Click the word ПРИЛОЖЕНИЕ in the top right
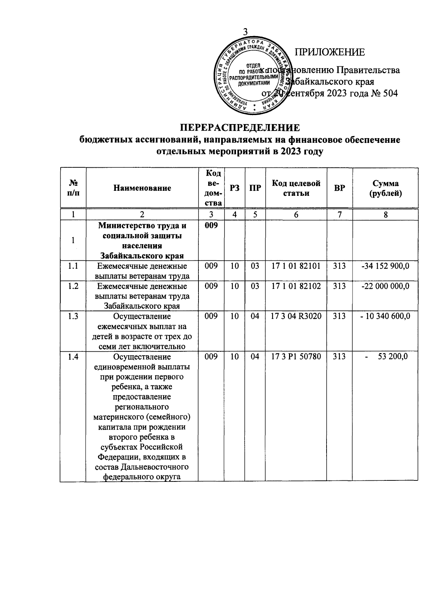330,52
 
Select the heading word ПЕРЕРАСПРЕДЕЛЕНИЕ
240,128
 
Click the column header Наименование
142,188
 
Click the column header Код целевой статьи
296,188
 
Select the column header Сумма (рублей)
385,188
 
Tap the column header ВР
339,188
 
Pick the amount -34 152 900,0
385,267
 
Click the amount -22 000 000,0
385,286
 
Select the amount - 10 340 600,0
385,316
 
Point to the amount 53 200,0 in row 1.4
393,357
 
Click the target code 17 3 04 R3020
296,316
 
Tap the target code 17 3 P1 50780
296,357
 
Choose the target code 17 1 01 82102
296,286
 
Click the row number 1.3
73,316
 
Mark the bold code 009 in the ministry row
211,226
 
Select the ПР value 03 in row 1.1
255,267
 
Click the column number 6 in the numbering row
296,215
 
